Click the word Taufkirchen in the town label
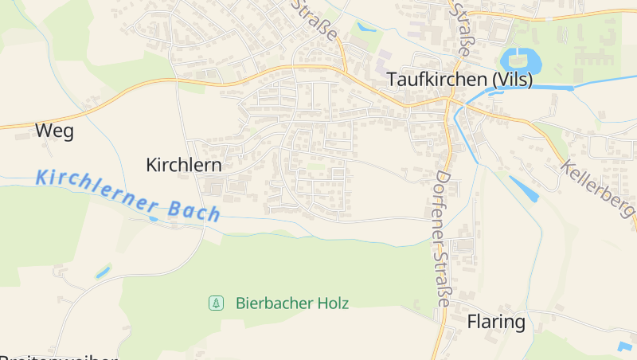coord(436,80)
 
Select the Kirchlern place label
coord(183,164)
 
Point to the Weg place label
coord(54,131)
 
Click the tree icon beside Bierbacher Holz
coord(215,303)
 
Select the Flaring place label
coord(496,323)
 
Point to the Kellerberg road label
coord(597,190)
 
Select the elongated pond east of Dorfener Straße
coord(523,188)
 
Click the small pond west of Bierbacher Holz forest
coord(104,272)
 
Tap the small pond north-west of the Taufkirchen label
coord(366,27)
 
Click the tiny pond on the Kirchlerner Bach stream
coord(154,217)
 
